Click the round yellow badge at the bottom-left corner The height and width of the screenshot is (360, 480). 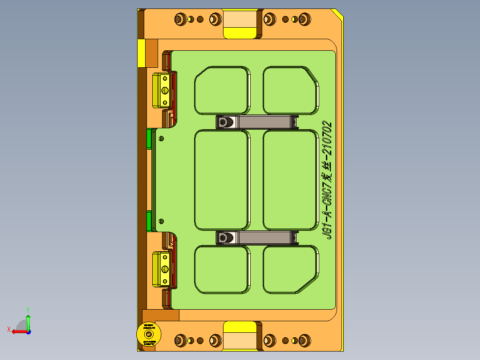pos(148,335)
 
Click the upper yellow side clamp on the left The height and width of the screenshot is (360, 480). pos(161,90)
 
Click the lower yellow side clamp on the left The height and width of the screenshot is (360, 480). pos(161,269)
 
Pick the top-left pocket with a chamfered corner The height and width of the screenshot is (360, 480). pos(221,90)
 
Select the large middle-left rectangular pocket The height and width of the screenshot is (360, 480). pos(221,180)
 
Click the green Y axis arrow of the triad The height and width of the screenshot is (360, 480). pos(28,318)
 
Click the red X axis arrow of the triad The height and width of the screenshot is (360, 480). pos(17,331)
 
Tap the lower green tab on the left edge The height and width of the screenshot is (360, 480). pos(149,221)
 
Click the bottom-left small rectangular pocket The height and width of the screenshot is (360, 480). pos(221,269)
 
